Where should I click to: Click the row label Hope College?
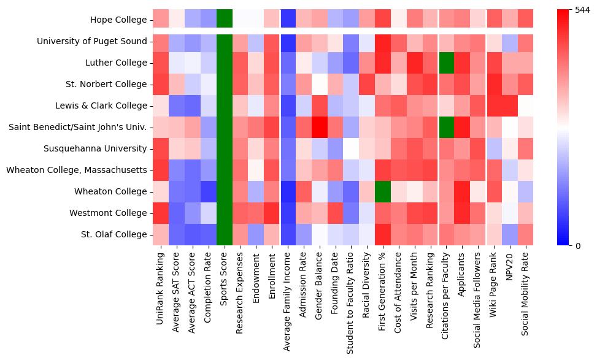[118, 20]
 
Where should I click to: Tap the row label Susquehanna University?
[95, 148]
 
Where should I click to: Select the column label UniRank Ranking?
[161, 283]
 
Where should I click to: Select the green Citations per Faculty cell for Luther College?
[448, 63]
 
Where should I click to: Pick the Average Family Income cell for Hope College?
[288, 20]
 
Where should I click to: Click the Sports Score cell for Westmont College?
[225, 213]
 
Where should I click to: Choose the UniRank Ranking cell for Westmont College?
[161, 213]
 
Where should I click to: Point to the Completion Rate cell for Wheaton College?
[209, 191]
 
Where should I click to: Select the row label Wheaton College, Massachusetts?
[77, 170]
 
